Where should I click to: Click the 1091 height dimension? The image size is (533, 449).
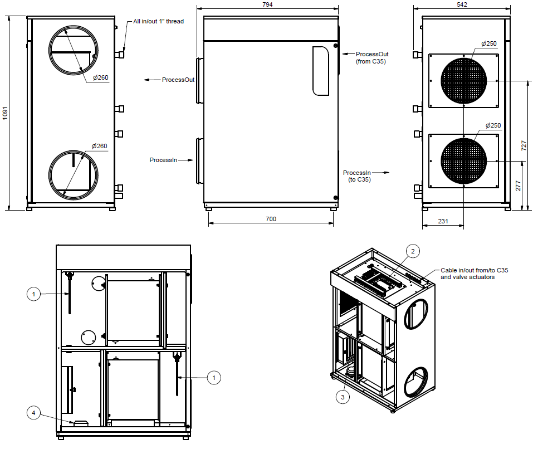[x=5, y=113]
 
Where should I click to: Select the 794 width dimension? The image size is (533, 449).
[x=267, y=4]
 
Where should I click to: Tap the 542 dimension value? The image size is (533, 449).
[x=462, y=4]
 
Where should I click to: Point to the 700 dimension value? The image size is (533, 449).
[x=271, y=219]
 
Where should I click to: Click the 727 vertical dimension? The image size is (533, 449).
[x=524, y=145]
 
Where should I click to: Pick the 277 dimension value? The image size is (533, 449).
[x=518, y=186]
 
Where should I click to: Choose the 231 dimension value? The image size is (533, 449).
[x=443, y=221]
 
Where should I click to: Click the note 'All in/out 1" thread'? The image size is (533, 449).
[x=158, y=21]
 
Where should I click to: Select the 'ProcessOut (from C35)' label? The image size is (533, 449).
[x=372, y=57]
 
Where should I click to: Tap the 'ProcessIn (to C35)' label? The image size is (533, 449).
[x=357, y=176]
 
